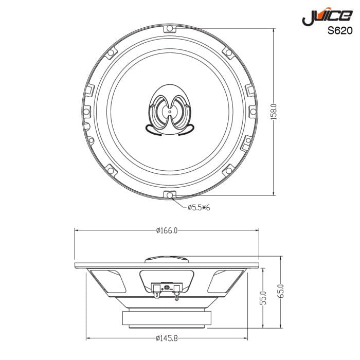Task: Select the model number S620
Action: click(x=340, y=30)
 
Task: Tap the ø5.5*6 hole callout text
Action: click(x=199, y=207)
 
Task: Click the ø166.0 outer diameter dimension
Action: click(x=167, y=231)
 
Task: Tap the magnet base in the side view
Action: click(x=167, y=319)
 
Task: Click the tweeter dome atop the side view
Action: click(x=167, y=259)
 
